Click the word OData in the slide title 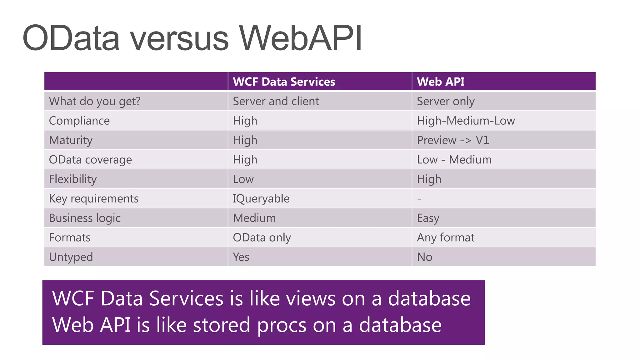[71, 38]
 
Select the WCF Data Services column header [284, 82]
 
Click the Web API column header [441, 82]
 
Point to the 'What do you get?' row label [95, 101]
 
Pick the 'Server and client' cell [276, 101]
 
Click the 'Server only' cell [446, 101]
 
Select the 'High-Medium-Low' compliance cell [466, 121]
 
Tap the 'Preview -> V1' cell [453, 140]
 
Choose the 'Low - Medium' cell [454, 160]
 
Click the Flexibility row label [73, 179]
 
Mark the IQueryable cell [261, 198]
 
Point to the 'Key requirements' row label [94, 198]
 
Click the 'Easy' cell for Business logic [428, 218]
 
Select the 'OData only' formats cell [262, 237]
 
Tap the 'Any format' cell [446, 237]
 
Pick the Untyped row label [71, 257]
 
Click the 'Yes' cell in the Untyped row [241, 257]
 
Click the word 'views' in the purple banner [311, 298]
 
